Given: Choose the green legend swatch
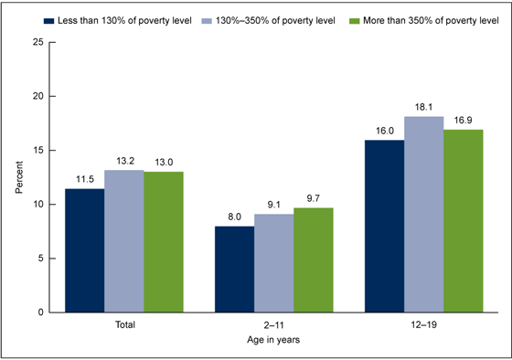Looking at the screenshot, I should click(343, 18).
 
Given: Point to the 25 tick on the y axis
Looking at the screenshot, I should click(37, 42).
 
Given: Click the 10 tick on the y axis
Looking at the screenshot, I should click(37, 204).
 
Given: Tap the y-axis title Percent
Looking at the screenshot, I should click(18, 176).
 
